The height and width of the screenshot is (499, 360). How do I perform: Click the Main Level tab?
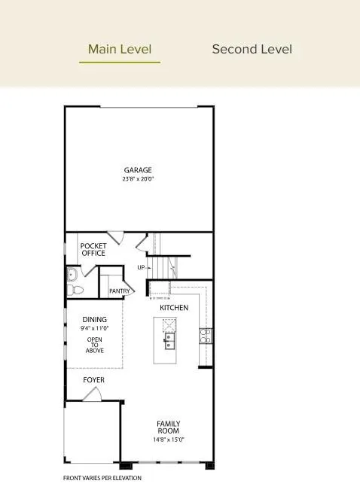tap(120, 50)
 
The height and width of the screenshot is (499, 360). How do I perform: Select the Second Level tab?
tap(252, 50)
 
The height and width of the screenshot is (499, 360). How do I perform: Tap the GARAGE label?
tap(138, 170)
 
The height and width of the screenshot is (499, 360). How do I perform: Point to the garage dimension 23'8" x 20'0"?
tap(138, 179)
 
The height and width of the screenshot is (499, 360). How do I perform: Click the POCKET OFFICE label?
tap(93, 249)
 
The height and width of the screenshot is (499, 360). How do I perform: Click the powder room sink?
tap(72, 273)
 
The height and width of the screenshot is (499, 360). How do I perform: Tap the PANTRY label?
tap(120, 291)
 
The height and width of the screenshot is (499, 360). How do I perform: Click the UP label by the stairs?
tap(141, 268)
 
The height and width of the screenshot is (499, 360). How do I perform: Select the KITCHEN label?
tap(174, 308)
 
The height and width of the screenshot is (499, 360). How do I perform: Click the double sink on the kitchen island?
tap(170, 342)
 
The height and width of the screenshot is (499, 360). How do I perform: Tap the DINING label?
tap(95, 320)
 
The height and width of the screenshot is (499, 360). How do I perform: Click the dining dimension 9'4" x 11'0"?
tap(95, 329)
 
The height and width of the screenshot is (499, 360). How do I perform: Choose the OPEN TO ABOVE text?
tap(95, 345)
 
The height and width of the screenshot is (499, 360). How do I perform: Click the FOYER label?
tap(93, 380)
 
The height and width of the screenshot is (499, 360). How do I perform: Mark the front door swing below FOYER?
tap(92, 394)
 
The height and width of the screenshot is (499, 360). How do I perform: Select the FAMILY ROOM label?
tap(169, 427)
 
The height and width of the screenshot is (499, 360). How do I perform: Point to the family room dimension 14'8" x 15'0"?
tap(169, 440)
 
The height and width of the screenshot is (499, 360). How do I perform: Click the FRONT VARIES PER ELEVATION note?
tap(102, 478)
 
